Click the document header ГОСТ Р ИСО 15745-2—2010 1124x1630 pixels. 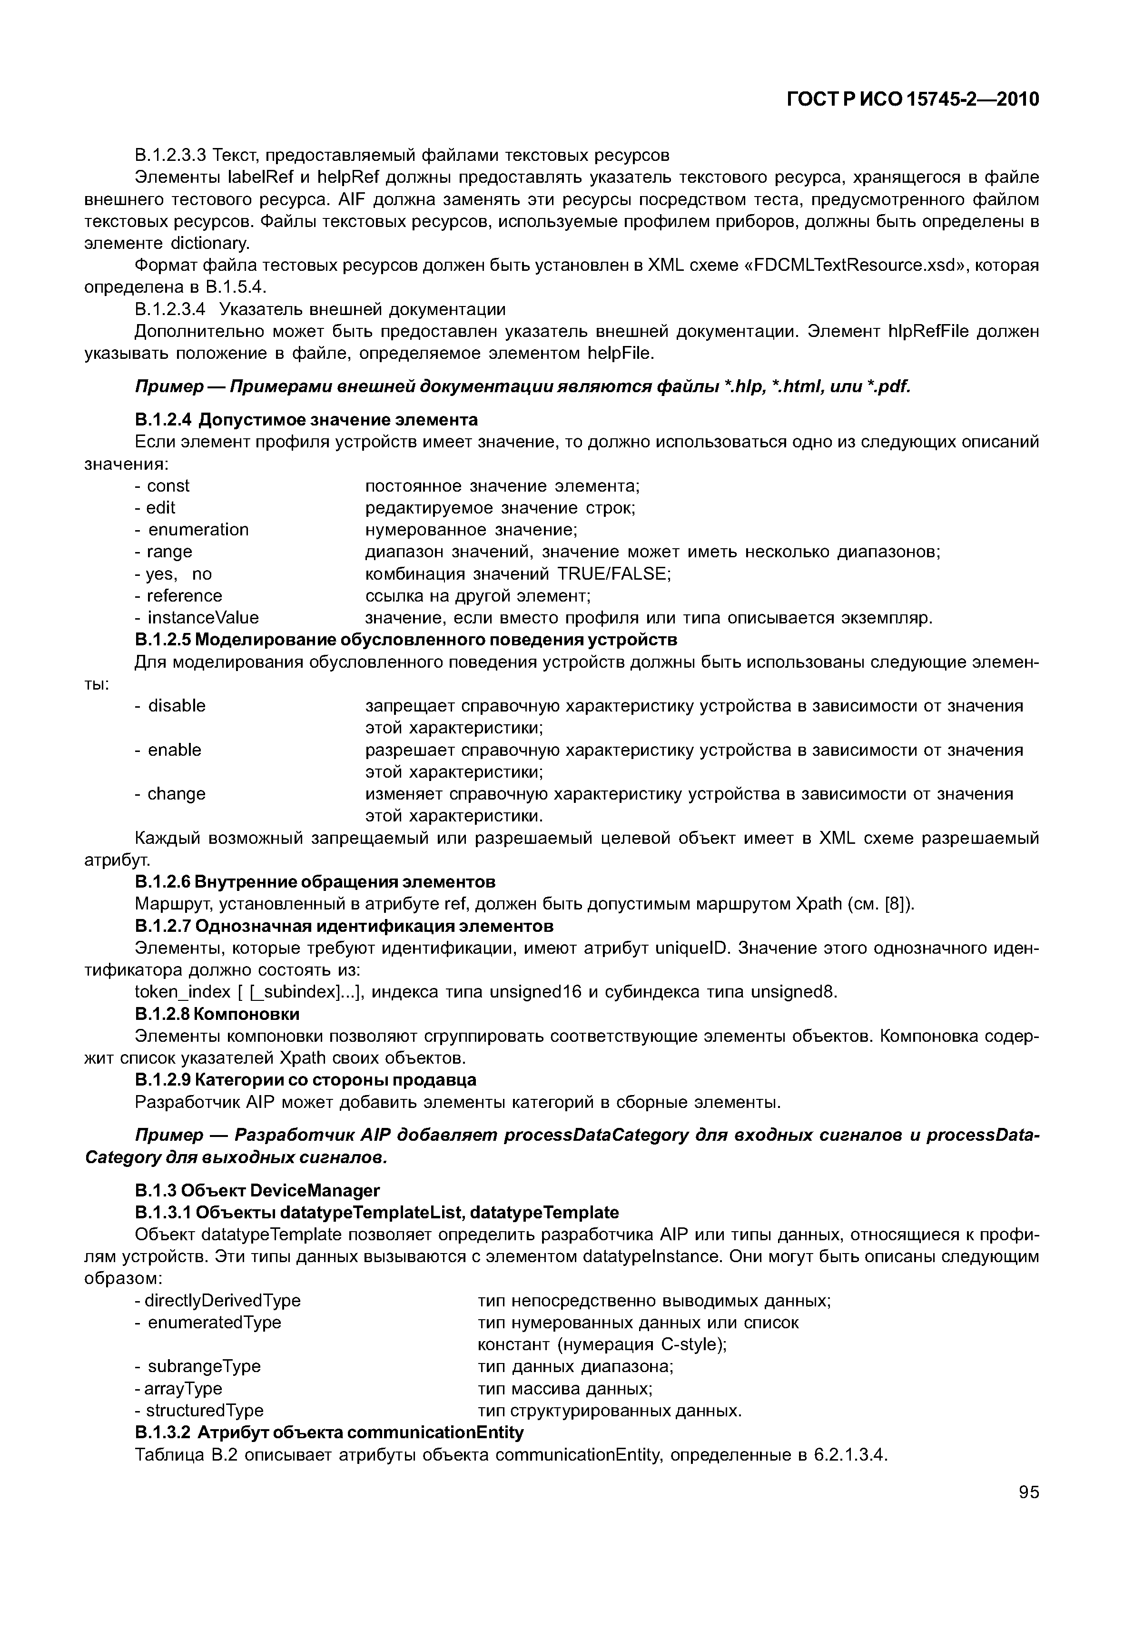tap(913, 99)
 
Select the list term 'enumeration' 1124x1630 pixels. tap(198, 529)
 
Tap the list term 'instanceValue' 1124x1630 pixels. tap(203, 617)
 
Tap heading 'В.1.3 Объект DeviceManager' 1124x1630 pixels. tap(257, 1190)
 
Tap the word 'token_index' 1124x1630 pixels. tap(182, 992)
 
